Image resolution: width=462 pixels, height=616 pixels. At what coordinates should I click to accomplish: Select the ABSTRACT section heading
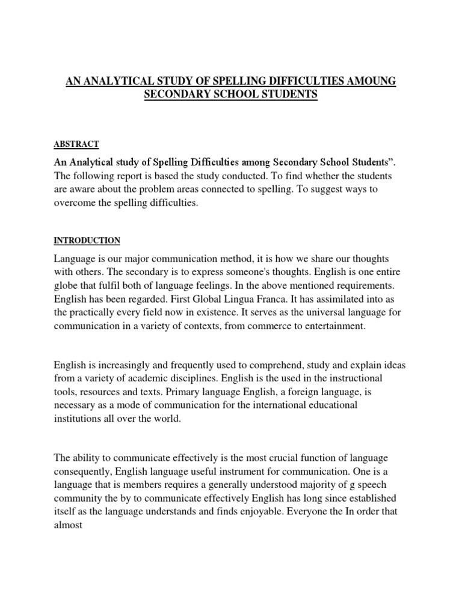pos(76,144)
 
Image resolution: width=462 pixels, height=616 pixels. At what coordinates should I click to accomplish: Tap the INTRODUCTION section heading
pos(87,241)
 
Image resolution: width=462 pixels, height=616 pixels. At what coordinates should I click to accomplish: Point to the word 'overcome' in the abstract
pos(75,203)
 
